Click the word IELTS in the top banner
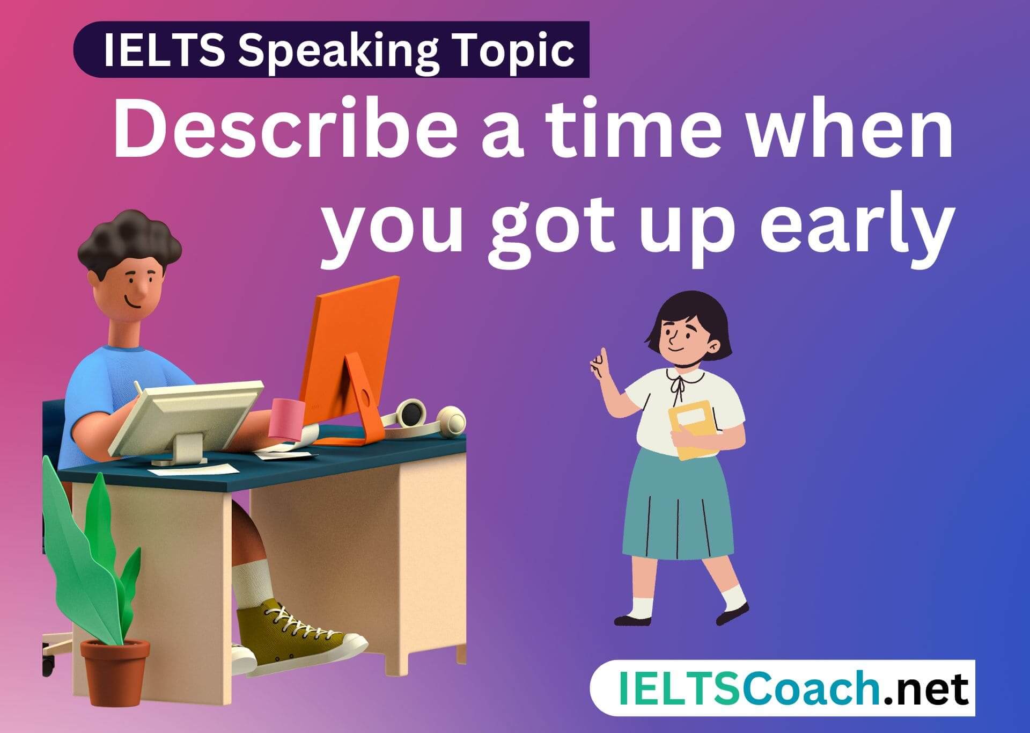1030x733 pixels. [x=164, y=50]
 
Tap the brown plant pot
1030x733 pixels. [x=114, y=671]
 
